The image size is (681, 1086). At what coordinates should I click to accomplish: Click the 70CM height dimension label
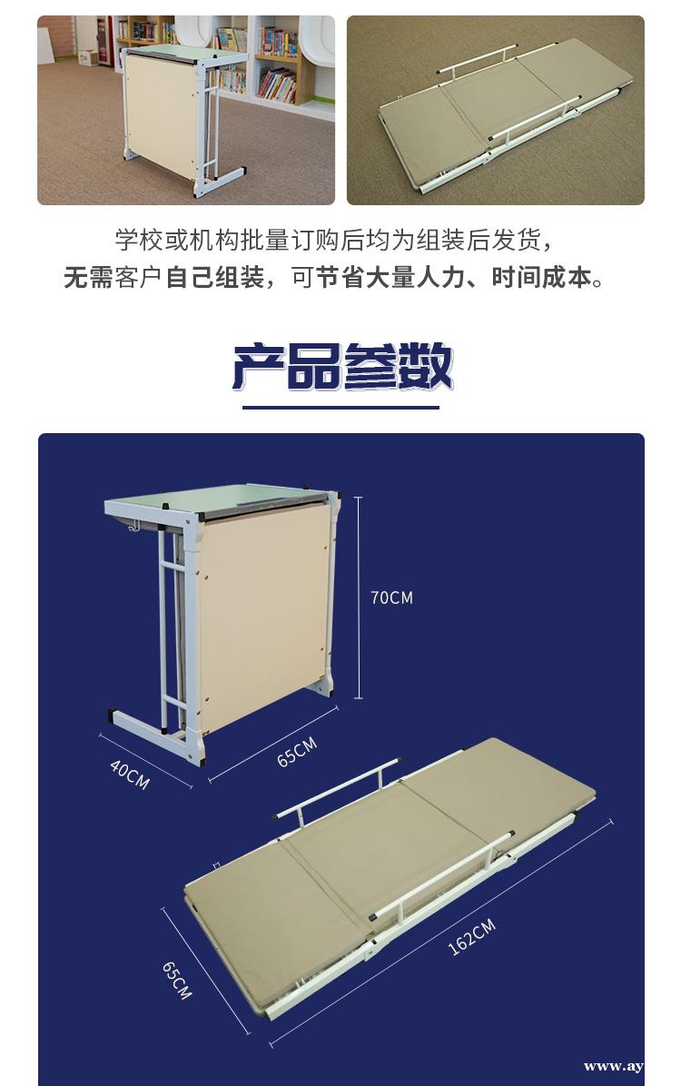[x=391, y=597]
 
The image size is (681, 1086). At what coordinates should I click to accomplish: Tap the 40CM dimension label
[x=130, y=774]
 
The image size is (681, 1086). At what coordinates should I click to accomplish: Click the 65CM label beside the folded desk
[x=297, y=752]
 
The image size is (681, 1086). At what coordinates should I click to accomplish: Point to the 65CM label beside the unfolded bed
[x=177, y=980]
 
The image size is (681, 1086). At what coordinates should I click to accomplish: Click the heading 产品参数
[x=340, y=366]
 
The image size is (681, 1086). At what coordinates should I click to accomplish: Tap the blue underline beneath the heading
[x=340, y=407]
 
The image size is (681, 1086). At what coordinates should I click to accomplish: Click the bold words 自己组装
[x=215, y=278]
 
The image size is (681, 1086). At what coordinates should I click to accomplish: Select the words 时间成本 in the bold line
[x=541, y=278]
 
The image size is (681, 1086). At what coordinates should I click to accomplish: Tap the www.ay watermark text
[x=613, y=1067]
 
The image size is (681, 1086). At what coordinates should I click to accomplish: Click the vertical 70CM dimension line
[x=358, y=597]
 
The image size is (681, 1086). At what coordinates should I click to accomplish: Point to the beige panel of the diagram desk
[x=263, y=617]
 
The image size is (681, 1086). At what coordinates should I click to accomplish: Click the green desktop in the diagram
[x=215, y=498]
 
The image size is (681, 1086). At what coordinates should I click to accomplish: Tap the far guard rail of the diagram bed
[x=339, y=790]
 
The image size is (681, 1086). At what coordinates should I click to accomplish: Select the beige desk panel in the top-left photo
[x=161, y=114]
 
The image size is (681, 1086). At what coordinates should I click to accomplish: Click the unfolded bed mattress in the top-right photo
[x=506, y=114]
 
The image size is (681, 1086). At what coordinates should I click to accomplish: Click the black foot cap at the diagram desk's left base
[x=112, y=714]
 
